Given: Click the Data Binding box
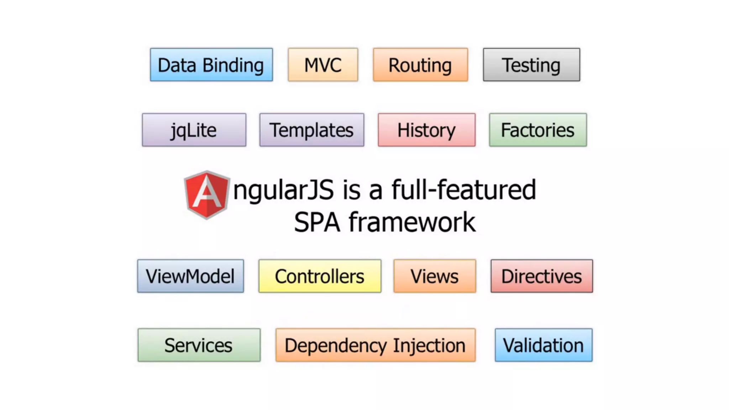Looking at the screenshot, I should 211,65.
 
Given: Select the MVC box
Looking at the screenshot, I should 323,65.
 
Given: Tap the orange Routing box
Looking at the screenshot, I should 420,65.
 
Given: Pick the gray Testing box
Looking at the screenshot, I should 531,65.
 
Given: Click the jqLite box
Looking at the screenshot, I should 194,130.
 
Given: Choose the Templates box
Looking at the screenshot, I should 311,130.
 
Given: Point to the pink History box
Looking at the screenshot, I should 426,130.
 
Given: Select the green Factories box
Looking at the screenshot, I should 537,130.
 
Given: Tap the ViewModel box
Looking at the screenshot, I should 190,276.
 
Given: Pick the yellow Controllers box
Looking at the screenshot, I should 320,276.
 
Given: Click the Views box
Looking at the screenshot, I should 435,276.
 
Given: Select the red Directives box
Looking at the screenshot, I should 541,276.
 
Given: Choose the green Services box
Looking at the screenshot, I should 199,345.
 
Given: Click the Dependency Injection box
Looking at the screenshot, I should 375,345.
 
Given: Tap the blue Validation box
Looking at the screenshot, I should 543,345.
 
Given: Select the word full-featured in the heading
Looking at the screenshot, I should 463,190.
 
